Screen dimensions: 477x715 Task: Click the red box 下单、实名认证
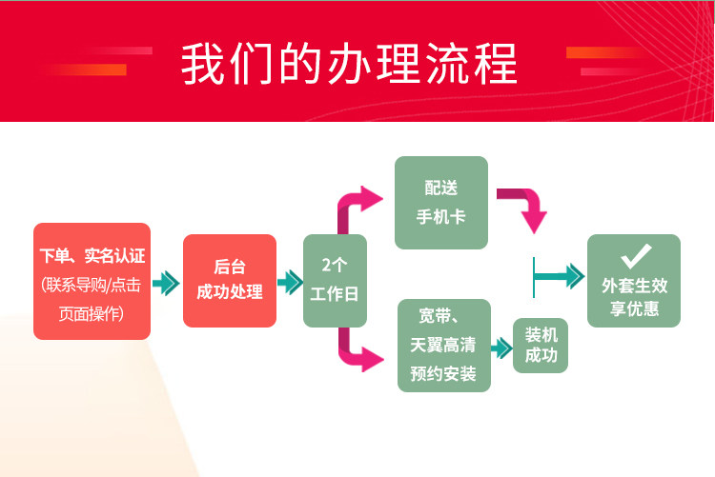click(x=92, y=281)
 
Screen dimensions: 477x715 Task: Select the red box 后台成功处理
click(x=229, y=281)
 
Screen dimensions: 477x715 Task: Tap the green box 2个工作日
click(x=335, y=281)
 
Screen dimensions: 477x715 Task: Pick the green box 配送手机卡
click(x=440, y=203)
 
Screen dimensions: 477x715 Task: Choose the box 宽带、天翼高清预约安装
click(x=443, y=345)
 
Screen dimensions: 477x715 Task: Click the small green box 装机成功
click(x=541, y=346)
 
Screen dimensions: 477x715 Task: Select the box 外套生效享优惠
click(x=634, y=281)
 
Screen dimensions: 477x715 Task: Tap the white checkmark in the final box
click(x=635, y=255)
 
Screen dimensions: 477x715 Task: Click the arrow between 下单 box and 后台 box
click(x=166, y=283)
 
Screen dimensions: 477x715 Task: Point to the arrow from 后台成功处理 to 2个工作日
click(x=289, y=282)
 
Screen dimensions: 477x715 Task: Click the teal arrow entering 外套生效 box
click(x=561, y=277)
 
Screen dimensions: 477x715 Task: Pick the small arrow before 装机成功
click(x=501, y=348)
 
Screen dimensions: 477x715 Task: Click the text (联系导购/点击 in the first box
click(x=92, y=284)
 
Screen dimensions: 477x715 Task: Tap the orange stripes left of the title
click(x=110, y=59)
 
